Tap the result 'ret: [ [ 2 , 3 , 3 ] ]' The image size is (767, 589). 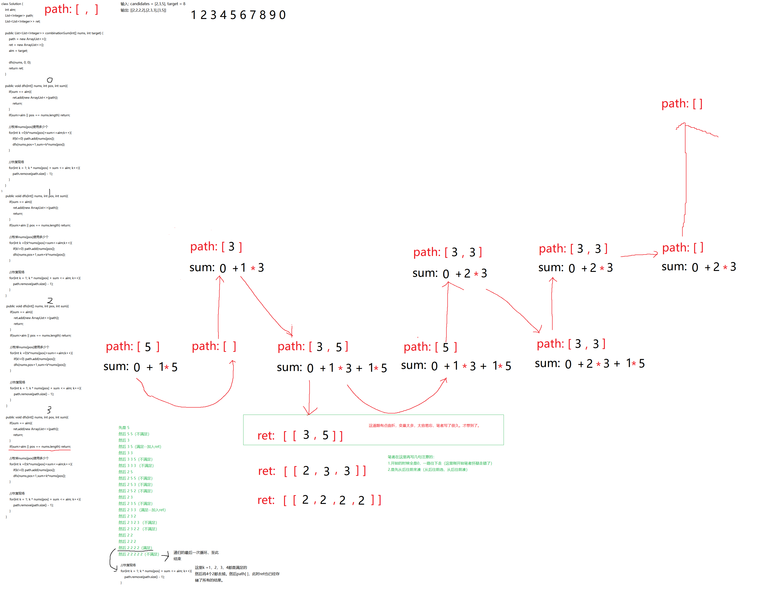(312, 470)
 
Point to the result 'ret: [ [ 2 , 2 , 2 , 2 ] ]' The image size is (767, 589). (319, 500)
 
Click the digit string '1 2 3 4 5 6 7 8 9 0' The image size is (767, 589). (238, 15)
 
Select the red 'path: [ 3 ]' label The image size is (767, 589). (216, 247)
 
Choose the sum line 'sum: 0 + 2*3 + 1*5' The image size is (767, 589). (589, 363)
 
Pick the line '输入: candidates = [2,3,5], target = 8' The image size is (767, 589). (153, 4)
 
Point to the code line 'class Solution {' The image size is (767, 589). (12, 4)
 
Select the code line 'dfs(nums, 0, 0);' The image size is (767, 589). (20, 62)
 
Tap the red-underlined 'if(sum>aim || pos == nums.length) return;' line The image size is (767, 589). (40, 447)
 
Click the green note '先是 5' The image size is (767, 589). (124, 427)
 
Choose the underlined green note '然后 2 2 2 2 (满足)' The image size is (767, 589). (135, 548)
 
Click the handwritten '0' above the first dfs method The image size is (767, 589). (50, 80)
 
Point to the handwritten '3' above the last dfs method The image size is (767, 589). (49, 409)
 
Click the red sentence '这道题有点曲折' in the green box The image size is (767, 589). (424, 425)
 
